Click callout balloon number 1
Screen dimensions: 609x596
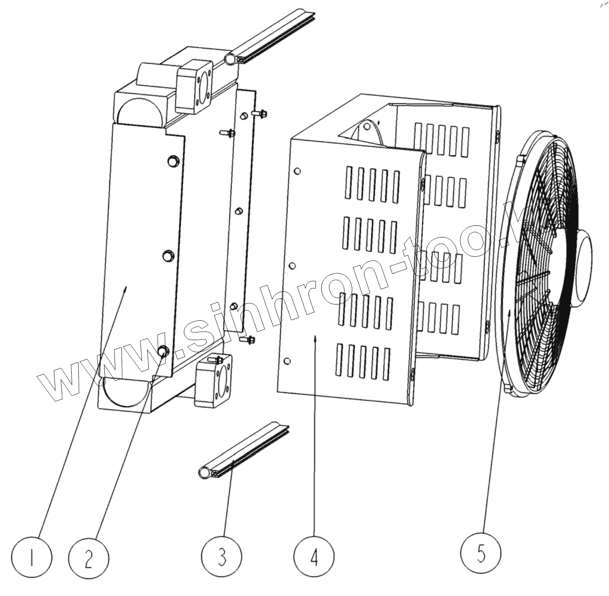click(32, 558)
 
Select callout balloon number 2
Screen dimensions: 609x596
click(89, 558)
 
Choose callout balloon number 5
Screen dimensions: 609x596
click(481, 553)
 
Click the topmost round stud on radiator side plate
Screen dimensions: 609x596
click(174, 160)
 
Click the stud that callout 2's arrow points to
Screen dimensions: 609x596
click(164, 350)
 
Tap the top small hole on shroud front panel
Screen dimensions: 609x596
click(297, 171)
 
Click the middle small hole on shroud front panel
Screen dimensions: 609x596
click(292, 266)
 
